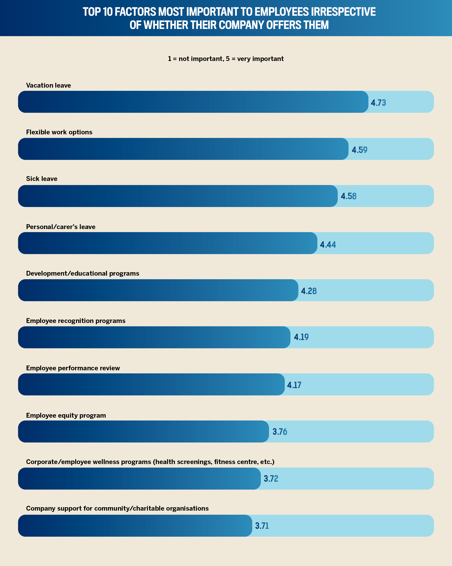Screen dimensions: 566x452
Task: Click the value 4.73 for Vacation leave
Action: pyautogui.click(x=378, y=103)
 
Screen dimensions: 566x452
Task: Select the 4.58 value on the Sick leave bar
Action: pyautogui.click(x=348, y=196)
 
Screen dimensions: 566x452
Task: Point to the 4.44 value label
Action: pyautogui.click(x=328, y=245)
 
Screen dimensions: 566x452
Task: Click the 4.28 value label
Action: pyautogui.click(x=309, y=291)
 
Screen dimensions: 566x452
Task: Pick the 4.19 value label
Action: pyautogui.click(x=301, y=337)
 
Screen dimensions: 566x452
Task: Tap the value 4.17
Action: pyautogui.click(x=294, y=385)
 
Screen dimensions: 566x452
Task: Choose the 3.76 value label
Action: pyautogui.click(x=280, y=432)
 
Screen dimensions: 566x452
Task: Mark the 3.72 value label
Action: pyautogui.click(x=271, y=479)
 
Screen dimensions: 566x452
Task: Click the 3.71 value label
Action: pyautogui.click(x=262, y=526)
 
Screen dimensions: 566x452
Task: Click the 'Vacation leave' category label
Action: pyautogui.click(x=48, y=85)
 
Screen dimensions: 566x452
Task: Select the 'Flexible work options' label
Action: pyautogui.click(x=59, y=132)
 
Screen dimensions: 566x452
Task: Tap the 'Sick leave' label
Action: pyautogui.click(x=42, y=179)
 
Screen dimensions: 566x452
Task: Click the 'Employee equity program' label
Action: pyautogui.click(x=66, y=415)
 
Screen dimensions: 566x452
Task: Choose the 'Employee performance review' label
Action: pyautogui.click(x=73, y=368)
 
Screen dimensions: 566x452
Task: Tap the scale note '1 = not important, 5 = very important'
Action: pyautogui.click(x=226, y=59)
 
